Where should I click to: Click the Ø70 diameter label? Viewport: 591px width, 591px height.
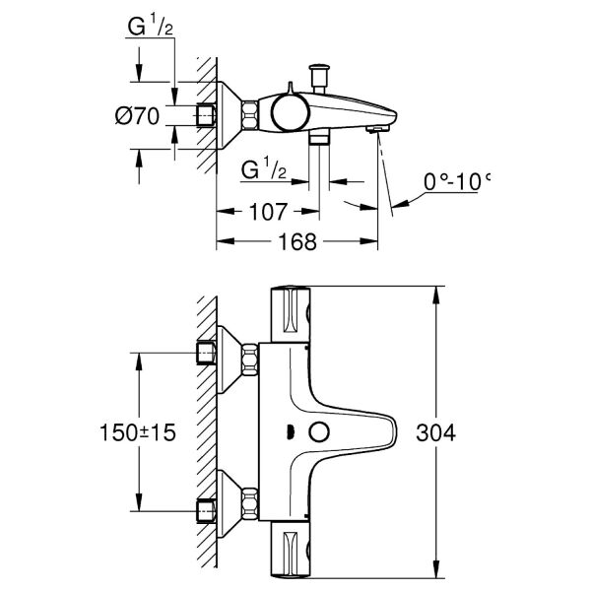[137, 115]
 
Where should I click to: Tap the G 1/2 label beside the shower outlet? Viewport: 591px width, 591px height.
[264, 170]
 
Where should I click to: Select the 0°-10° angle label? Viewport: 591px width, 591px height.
[456, 182]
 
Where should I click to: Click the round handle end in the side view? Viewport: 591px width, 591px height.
[289, 113]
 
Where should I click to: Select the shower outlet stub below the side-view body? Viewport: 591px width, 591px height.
[317, 139]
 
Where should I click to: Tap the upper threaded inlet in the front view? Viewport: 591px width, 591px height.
[207, 353]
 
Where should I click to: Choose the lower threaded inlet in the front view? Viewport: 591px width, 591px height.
[207, 510]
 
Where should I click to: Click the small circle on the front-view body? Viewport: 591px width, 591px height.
[317, 431]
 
